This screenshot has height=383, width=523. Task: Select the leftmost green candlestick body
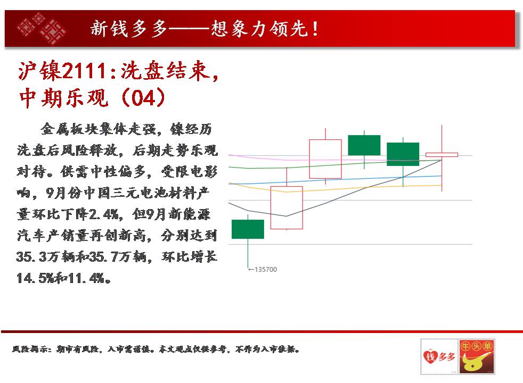pyautogui.click(x=248, y=229)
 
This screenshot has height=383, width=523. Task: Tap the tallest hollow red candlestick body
pyautogui.click(x=287, y=208)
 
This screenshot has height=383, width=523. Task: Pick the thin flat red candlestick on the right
pyautogui.click(x=442, y=155)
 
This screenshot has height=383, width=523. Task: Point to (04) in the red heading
pyautogui.click(x=143, y=98)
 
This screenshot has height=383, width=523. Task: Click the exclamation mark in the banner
pyautogui.click(x=315, y=29)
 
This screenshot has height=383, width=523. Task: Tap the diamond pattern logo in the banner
pyautogui.click(x=42, y=28)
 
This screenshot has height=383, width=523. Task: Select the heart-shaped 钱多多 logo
pyautogui.click(x=439, y=357)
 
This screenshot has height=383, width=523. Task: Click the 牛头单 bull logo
pyautogui.click(x=477, y=357)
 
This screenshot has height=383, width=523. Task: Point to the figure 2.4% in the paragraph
pyautogui.click(x=103, y=214)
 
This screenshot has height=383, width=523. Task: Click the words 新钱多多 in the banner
pyautogui.click(x=129, y=29)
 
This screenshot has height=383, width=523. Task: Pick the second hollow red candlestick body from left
pyautogui.click(x=325, y=159)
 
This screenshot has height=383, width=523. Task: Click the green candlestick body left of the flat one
pyautogui.click(x=403, y=154)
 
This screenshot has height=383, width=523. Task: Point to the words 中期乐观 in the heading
pyautogui.click(x=64, y=98)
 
